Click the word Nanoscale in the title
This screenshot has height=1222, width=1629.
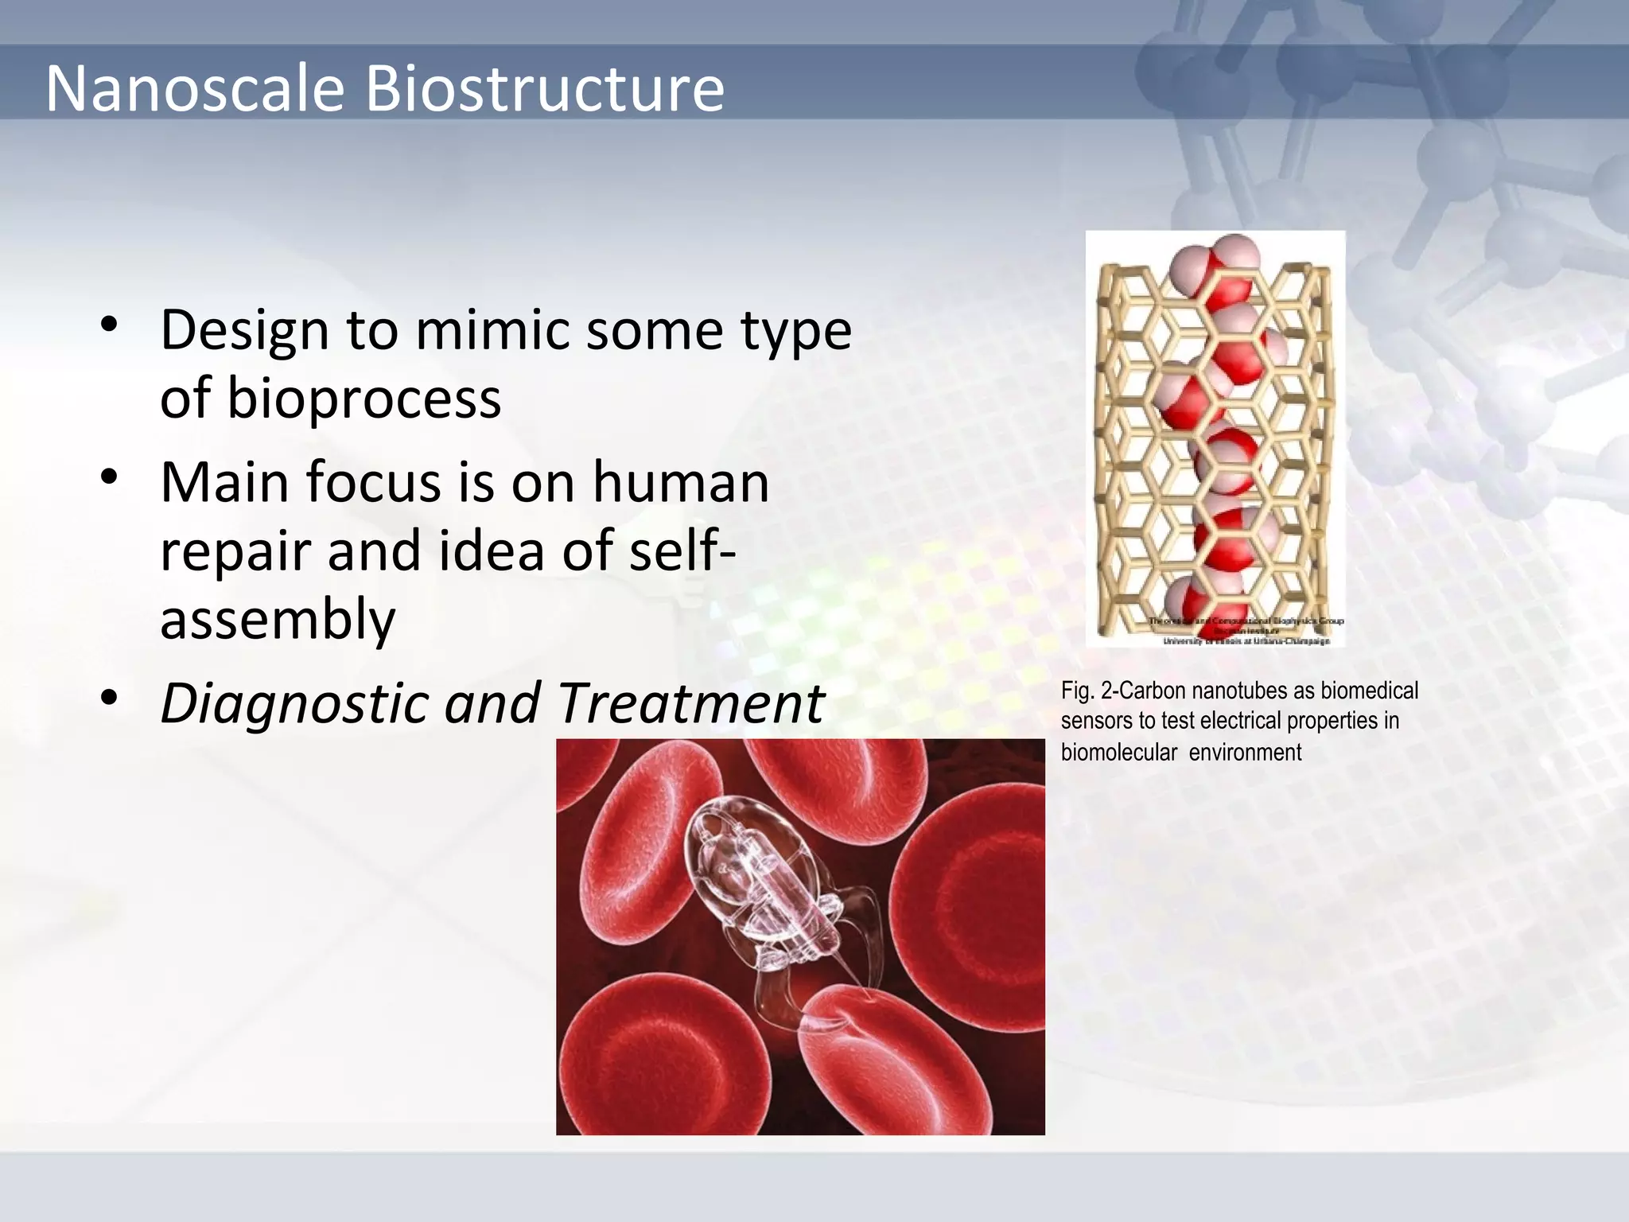pyautogui.click(x=195, y=88)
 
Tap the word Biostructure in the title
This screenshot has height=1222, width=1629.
pyautogui.click(x=544, y=88)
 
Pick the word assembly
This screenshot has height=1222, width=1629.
pyautogui.click(x=278, y=619)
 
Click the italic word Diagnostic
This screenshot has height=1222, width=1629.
pyautogui.click(x=294, y=704)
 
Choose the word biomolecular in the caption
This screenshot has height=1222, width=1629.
pyautogui.click(x=1118, y=753)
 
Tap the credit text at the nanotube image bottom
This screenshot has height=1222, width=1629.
pyautogui.click(x=1246, y=631)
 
